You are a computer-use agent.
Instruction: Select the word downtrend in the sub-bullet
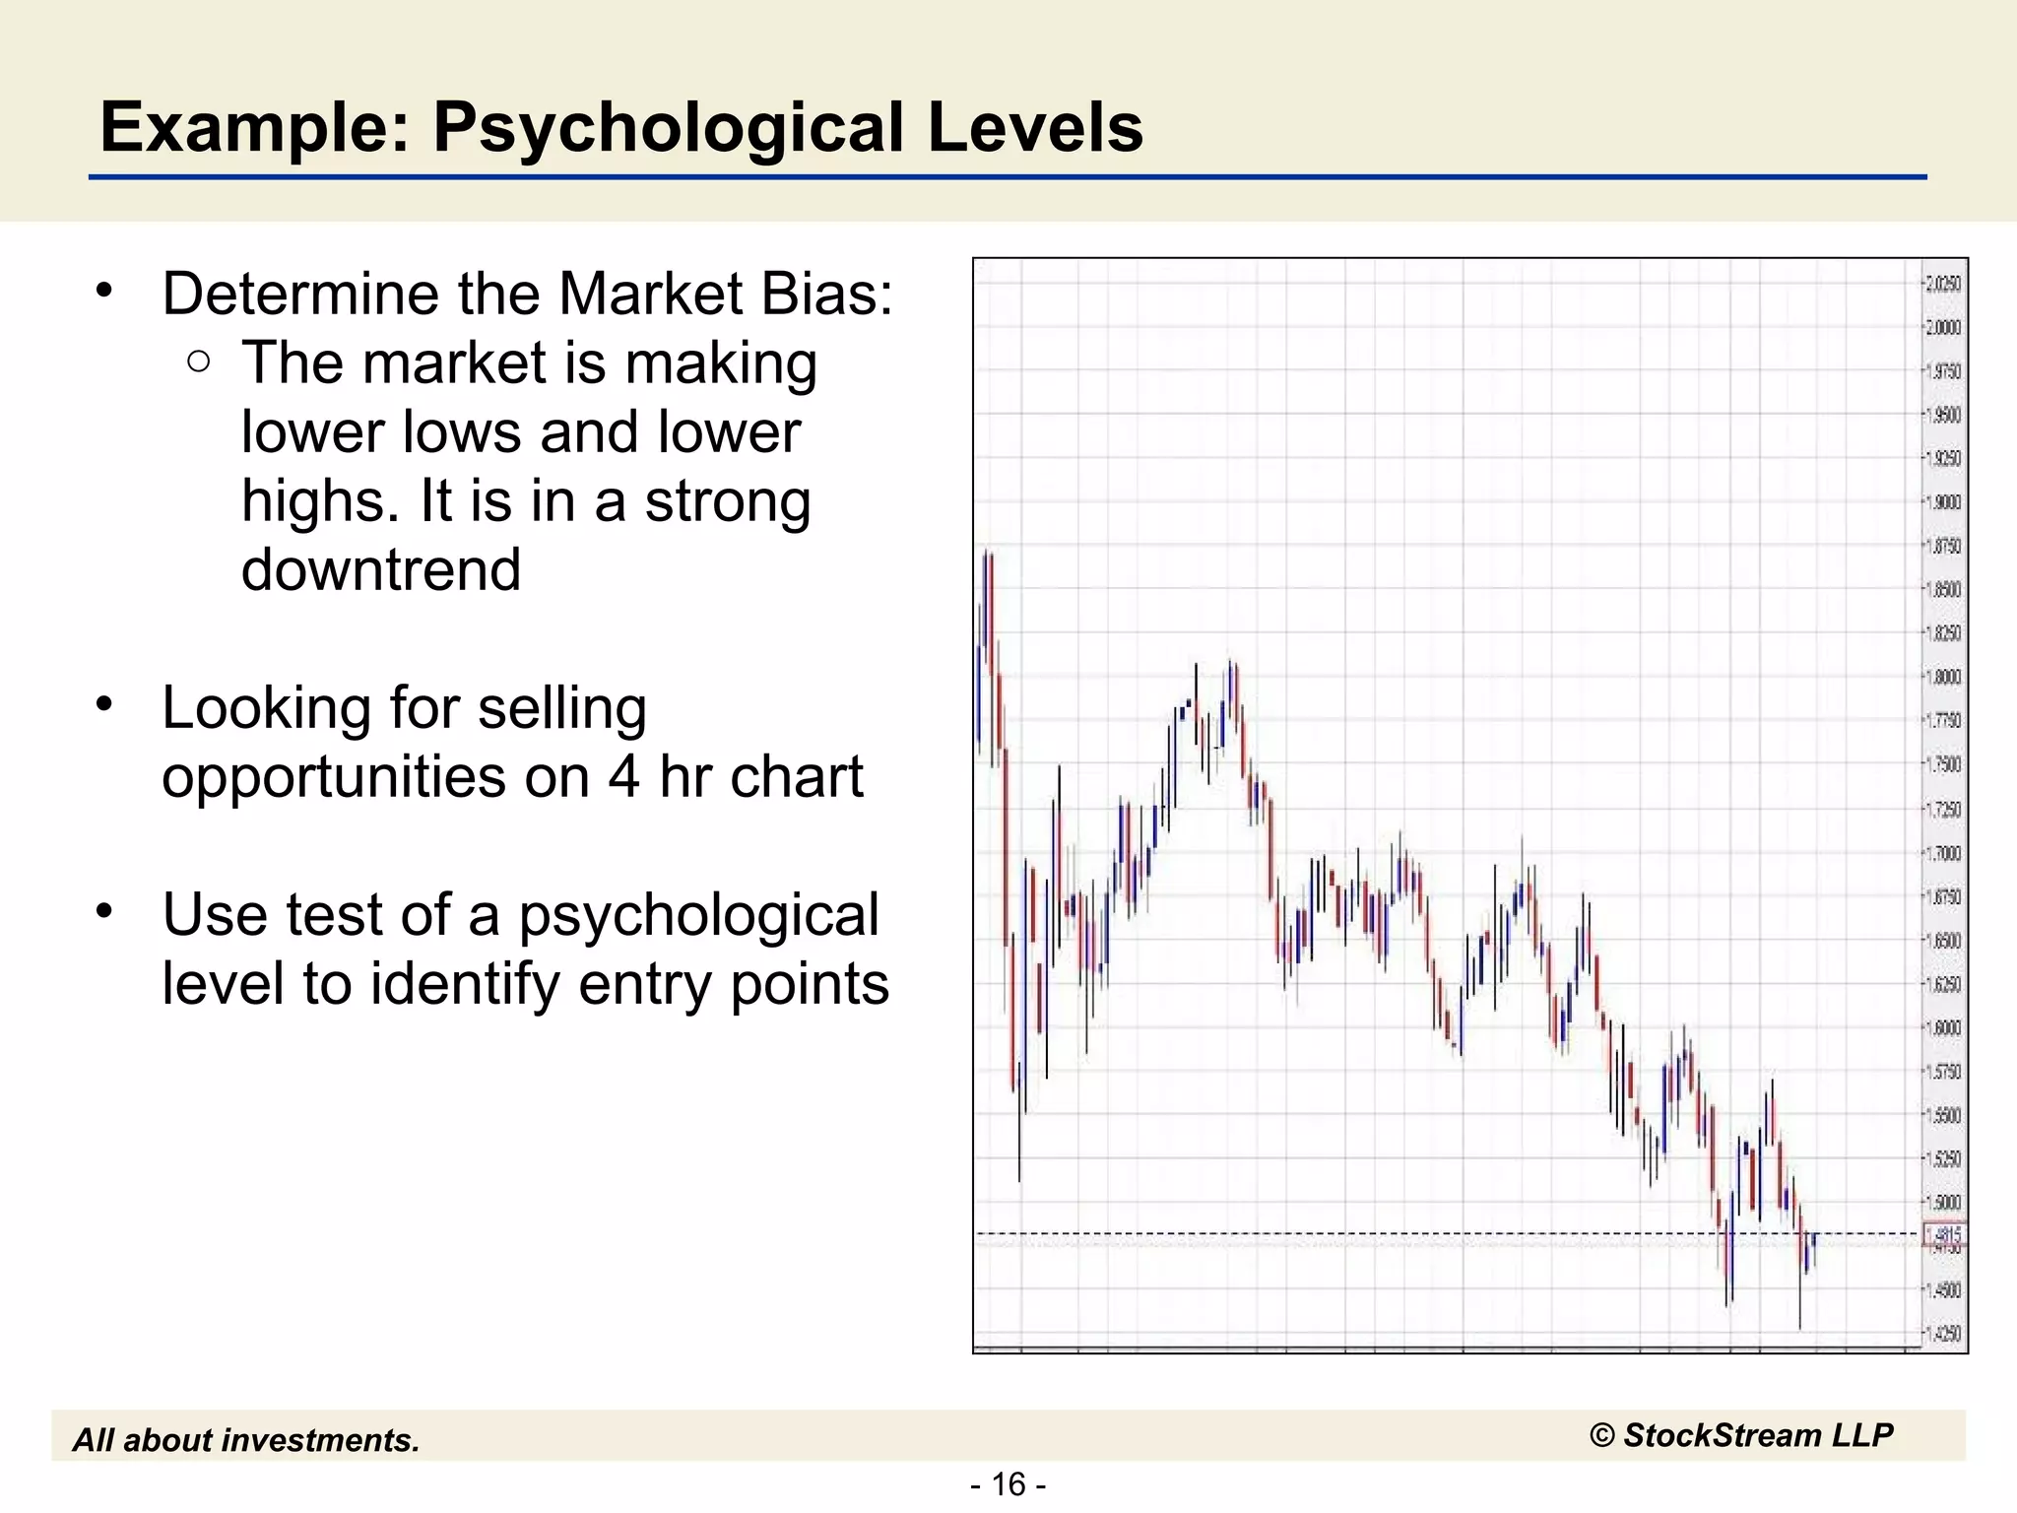381,569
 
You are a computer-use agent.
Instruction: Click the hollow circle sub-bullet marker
198,362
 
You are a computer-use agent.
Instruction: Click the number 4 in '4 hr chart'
624,777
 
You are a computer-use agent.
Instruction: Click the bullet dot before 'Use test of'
104,911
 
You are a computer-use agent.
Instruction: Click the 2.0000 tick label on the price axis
1943,328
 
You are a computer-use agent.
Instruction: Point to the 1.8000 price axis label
1943,678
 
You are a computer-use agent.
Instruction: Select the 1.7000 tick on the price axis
1943,853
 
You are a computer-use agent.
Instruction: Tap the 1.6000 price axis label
1943,1028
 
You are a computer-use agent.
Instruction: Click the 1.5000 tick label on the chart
1943,1203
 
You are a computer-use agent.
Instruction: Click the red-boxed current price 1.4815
1944,1234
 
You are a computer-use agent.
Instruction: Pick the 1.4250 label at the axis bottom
1943,1334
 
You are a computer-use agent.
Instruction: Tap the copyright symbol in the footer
1601,1436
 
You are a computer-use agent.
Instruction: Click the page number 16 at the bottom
1008,1484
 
